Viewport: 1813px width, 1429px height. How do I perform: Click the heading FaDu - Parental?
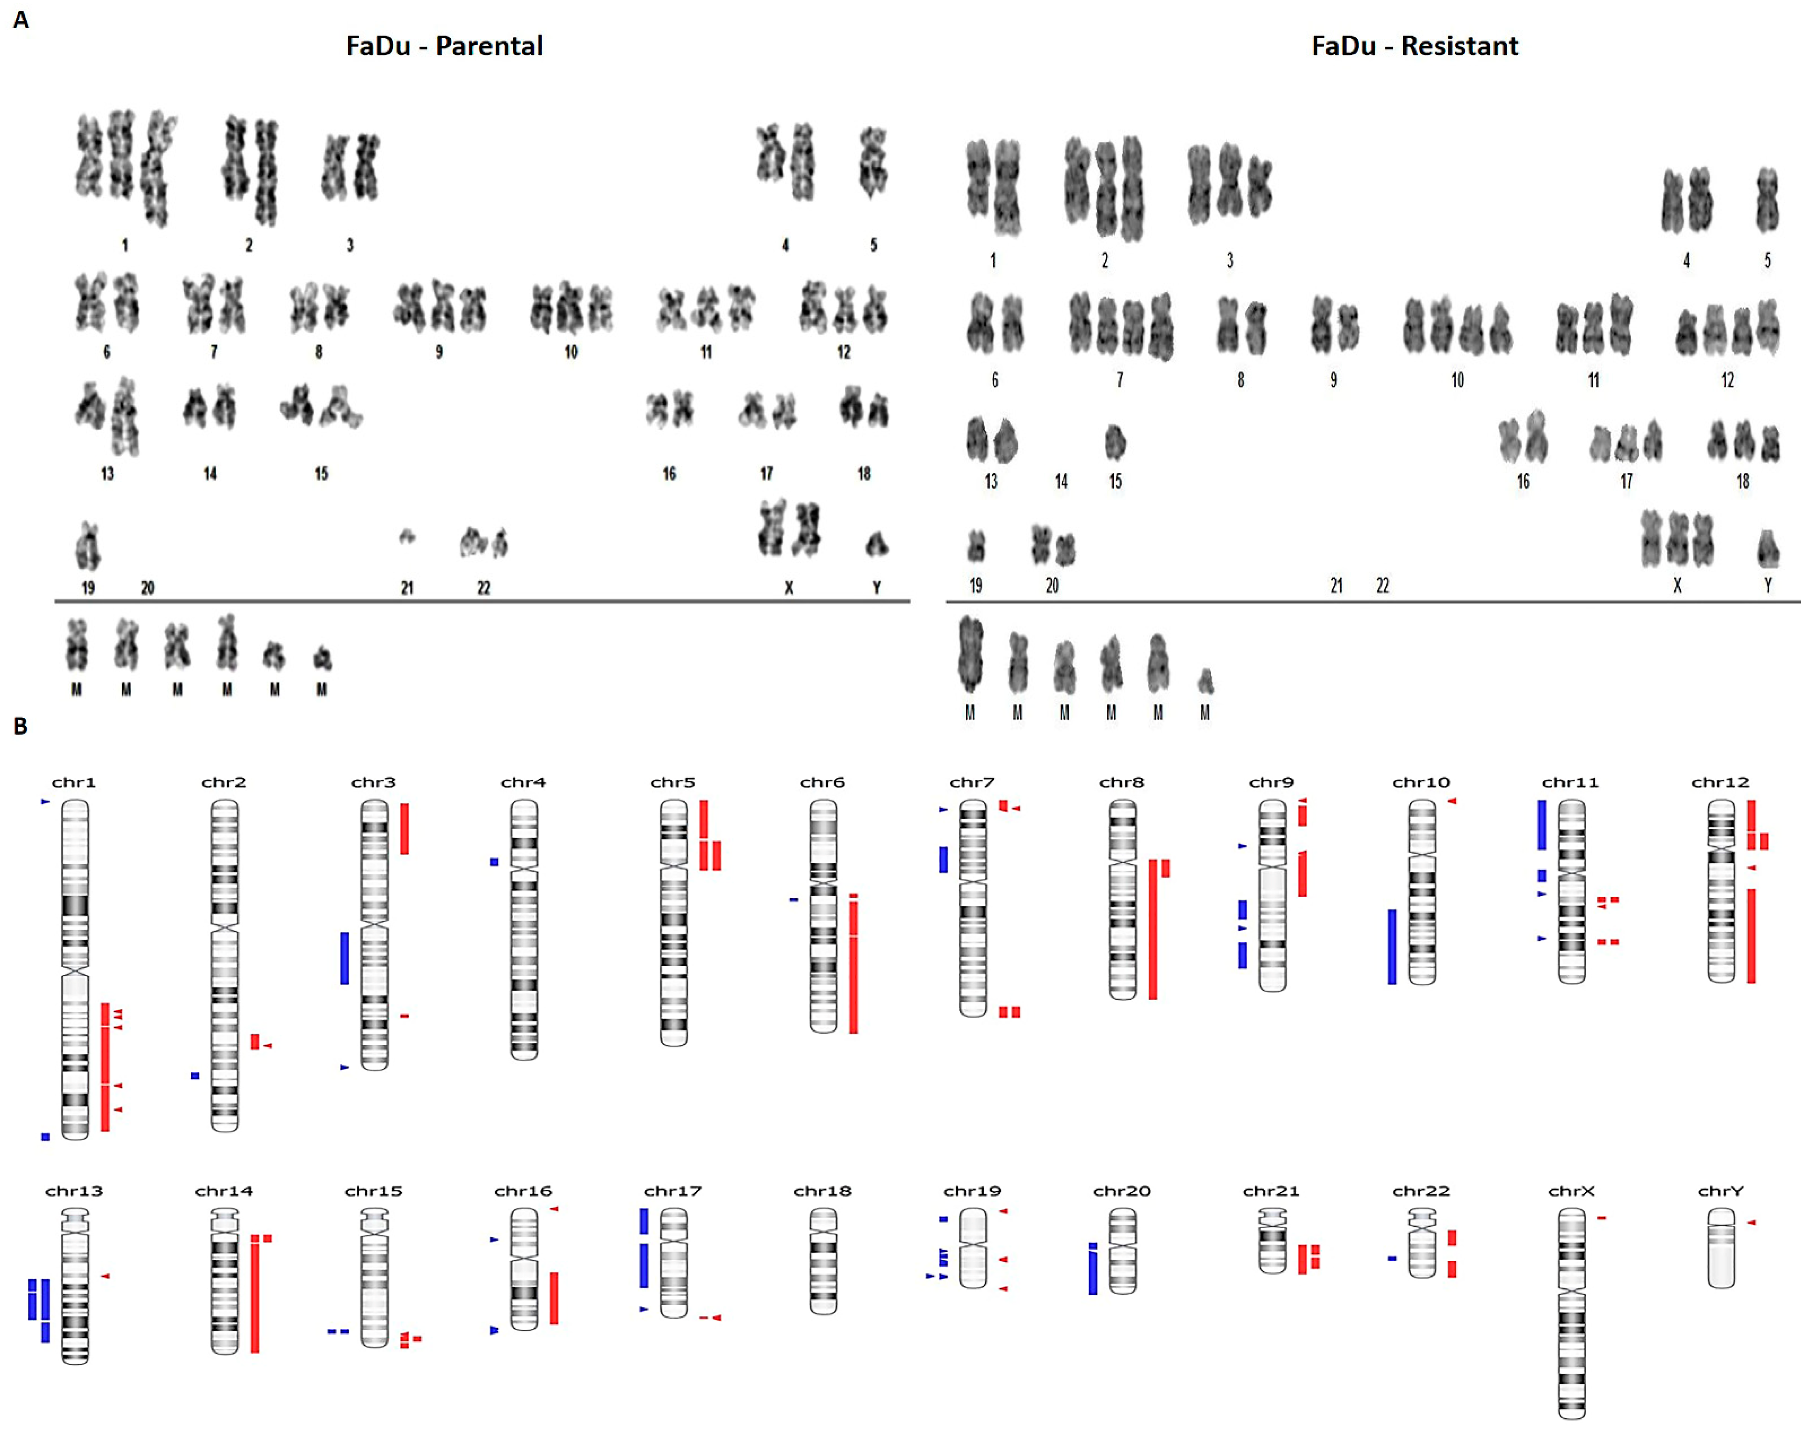pyautogui.click(x=444, y=46)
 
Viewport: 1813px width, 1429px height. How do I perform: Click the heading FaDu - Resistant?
pyautogui.click(x=1414, y=46)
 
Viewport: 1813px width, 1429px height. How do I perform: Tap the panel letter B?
pyautogui.click(x=21, y=725)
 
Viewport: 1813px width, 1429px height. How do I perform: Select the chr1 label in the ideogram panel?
pyautogui.click(x=74, y=782)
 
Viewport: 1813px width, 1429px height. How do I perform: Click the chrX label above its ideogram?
pyautogui.click(x=1570, y=1191)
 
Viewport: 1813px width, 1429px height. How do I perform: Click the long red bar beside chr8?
pyautogui.click(x=1152, y=929)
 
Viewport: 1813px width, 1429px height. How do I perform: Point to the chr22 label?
pyautogui.click(x=1421, y=1191)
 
